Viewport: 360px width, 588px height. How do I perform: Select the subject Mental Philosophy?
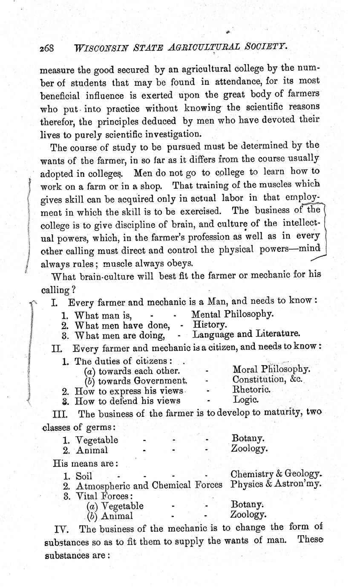[232, 314]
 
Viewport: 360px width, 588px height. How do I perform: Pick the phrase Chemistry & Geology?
[276, 474]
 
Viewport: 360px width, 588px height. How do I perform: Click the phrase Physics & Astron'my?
[276, 484]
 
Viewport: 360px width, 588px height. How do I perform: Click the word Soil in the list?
[84, 476]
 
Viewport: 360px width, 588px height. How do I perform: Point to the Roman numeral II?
[58, 348]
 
